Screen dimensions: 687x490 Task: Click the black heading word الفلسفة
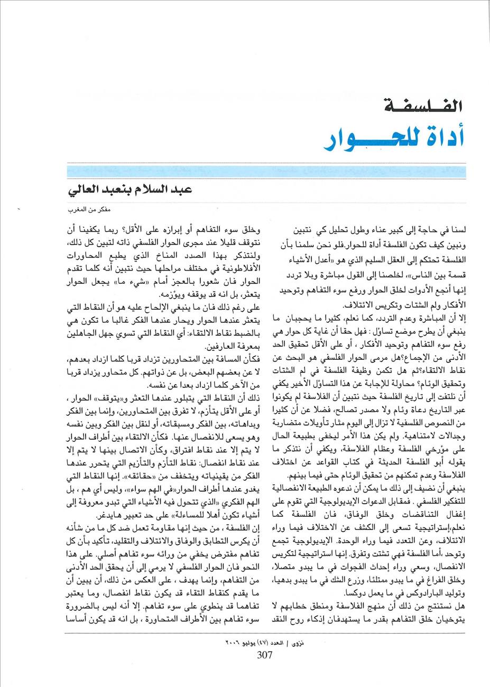(422, 106)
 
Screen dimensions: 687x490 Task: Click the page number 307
(264, 656)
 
